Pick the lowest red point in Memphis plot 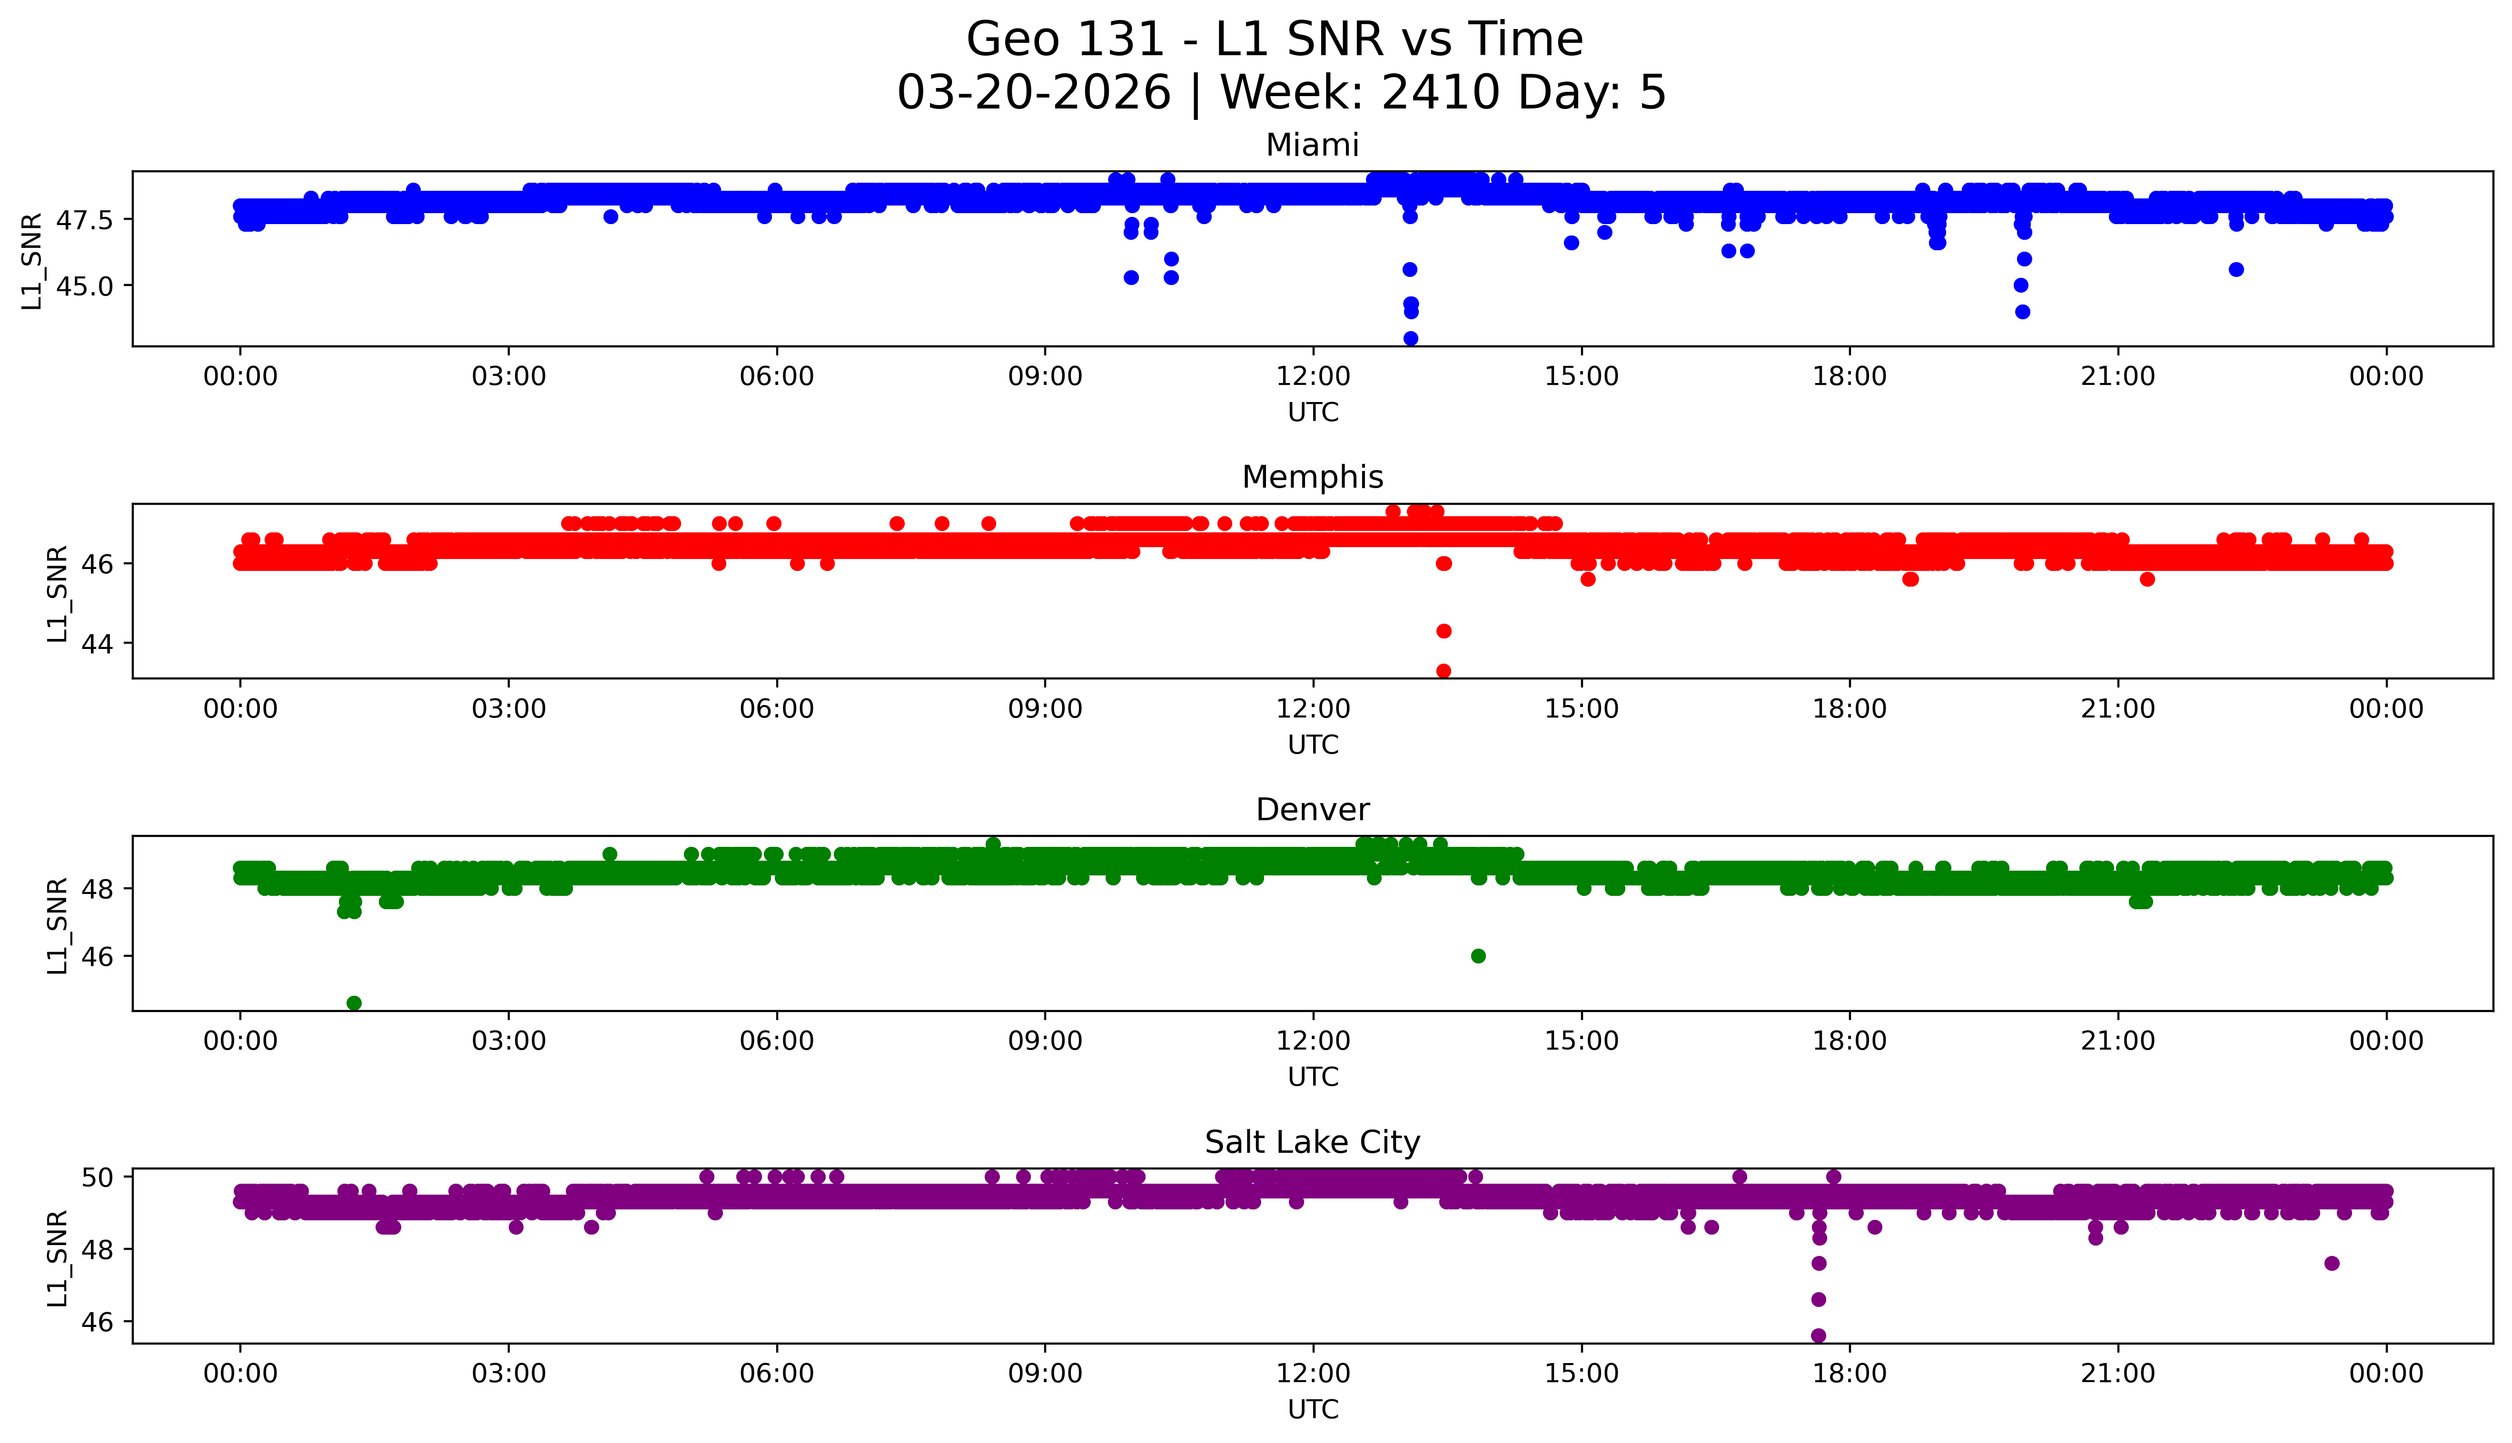[1444, 671]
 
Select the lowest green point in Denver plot [354, 1003]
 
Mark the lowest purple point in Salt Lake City [1818, 1335]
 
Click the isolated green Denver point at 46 [1478, 955]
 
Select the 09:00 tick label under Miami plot [1045, 377]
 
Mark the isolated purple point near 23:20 [2332, 1263]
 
